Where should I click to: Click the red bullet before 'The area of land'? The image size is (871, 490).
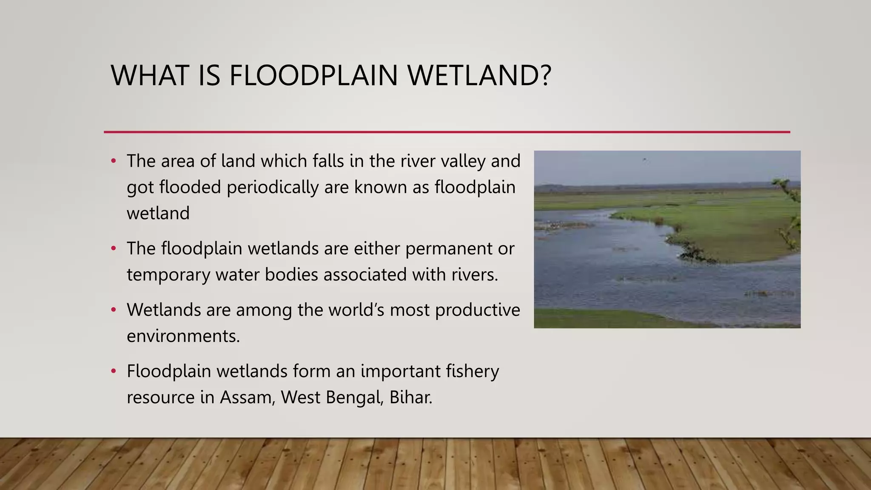click(113, 161)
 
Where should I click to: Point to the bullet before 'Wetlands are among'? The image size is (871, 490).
click(113, 310)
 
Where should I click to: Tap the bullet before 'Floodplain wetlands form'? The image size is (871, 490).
click(113, 371)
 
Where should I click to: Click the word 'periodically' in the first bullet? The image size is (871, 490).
click(272, 188)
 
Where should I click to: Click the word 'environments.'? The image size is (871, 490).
click(183, 336)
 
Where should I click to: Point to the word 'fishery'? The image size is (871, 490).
click(472, 371)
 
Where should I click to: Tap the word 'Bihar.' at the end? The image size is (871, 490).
click(411, 398)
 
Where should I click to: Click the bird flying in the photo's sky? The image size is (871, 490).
click(645, 160)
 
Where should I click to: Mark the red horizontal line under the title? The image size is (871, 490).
click(447, 132)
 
